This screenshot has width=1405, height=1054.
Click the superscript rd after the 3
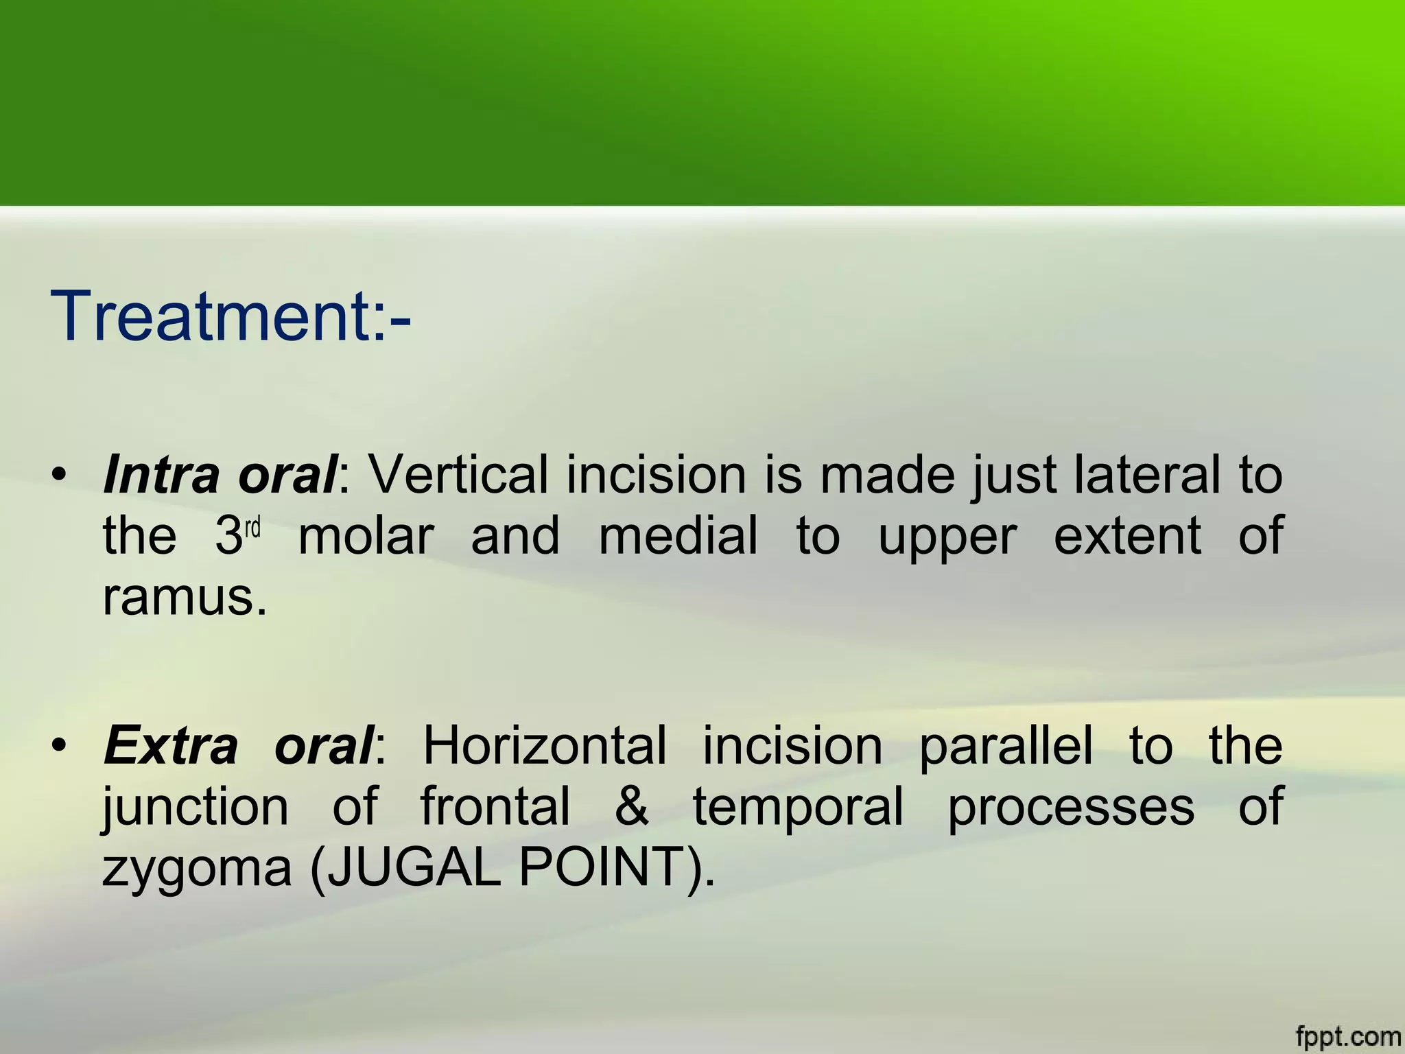pos(253,528)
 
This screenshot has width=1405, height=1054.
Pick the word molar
pos(366,537)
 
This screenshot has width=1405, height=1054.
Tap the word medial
pos(678,537)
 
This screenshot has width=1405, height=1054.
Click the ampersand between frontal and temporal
pos(631,807)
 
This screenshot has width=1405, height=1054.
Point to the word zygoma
pos(197,870)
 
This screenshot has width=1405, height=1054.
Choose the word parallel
pos(1005,745)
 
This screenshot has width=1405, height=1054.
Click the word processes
pos(1070,808)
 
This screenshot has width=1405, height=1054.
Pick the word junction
pos(196,808)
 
